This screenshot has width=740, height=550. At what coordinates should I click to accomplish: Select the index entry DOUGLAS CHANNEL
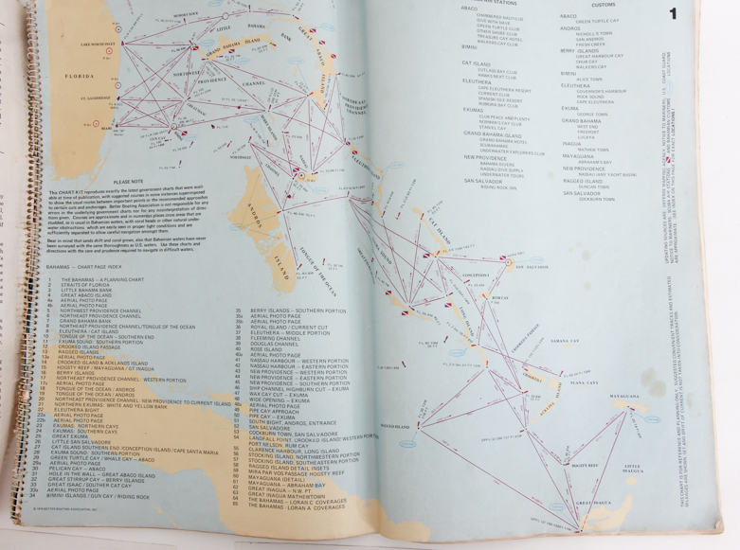click(272, 343)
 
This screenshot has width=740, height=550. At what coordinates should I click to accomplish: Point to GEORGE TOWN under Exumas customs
click(592, 115)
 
